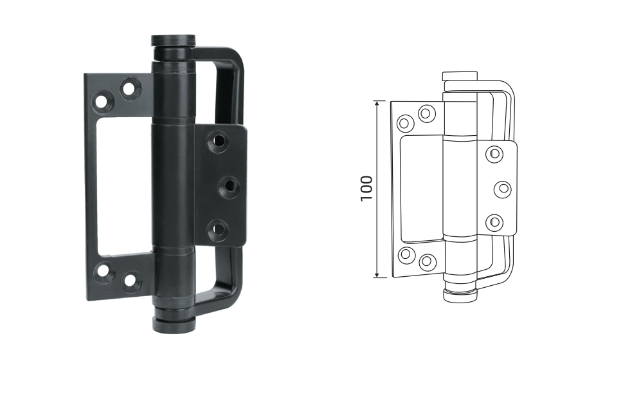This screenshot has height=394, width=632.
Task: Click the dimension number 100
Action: [366, 189]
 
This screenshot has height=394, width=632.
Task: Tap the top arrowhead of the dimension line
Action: [377, 104]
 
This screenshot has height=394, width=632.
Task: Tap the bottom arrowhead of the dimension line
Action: [377, 274]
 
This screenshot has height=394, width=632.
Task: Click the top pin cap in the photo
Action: [174, 41]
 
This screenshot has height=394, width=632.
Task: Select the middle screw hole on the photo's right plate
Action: [229, 187]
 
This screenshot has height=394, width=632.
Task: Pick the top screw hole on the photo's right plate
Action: [218, 141]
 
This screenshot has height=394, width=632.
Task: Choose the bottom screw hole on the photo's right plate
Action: [218, 230]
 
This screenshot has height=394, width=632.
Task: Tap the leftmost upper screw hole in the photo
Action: [103, 100]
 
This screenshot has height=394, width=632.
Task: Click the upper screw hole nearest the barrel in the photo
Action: [129, 88]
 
